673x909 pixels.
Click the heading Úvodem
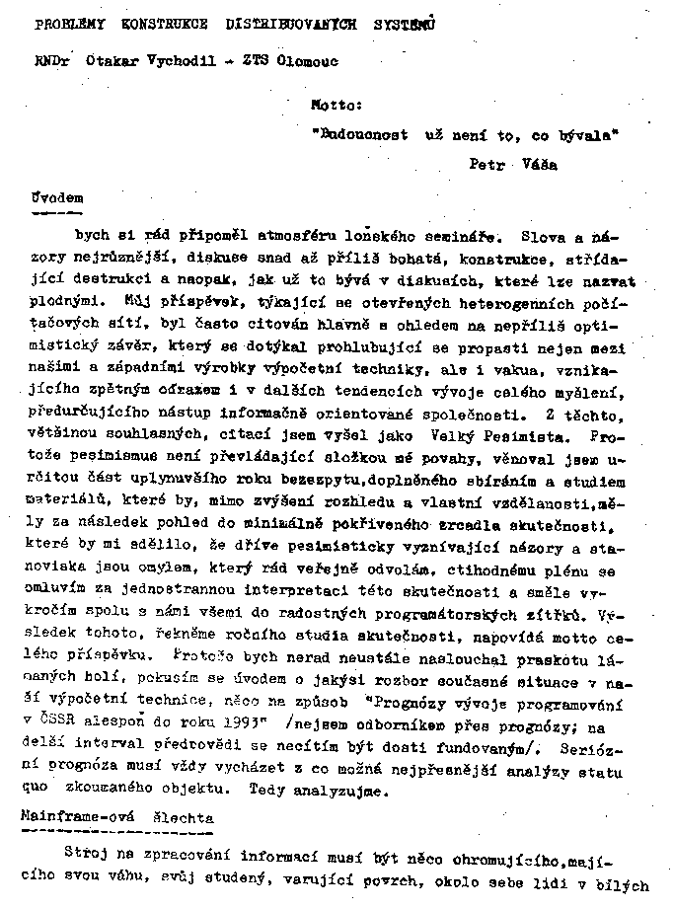click(49, 197)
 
